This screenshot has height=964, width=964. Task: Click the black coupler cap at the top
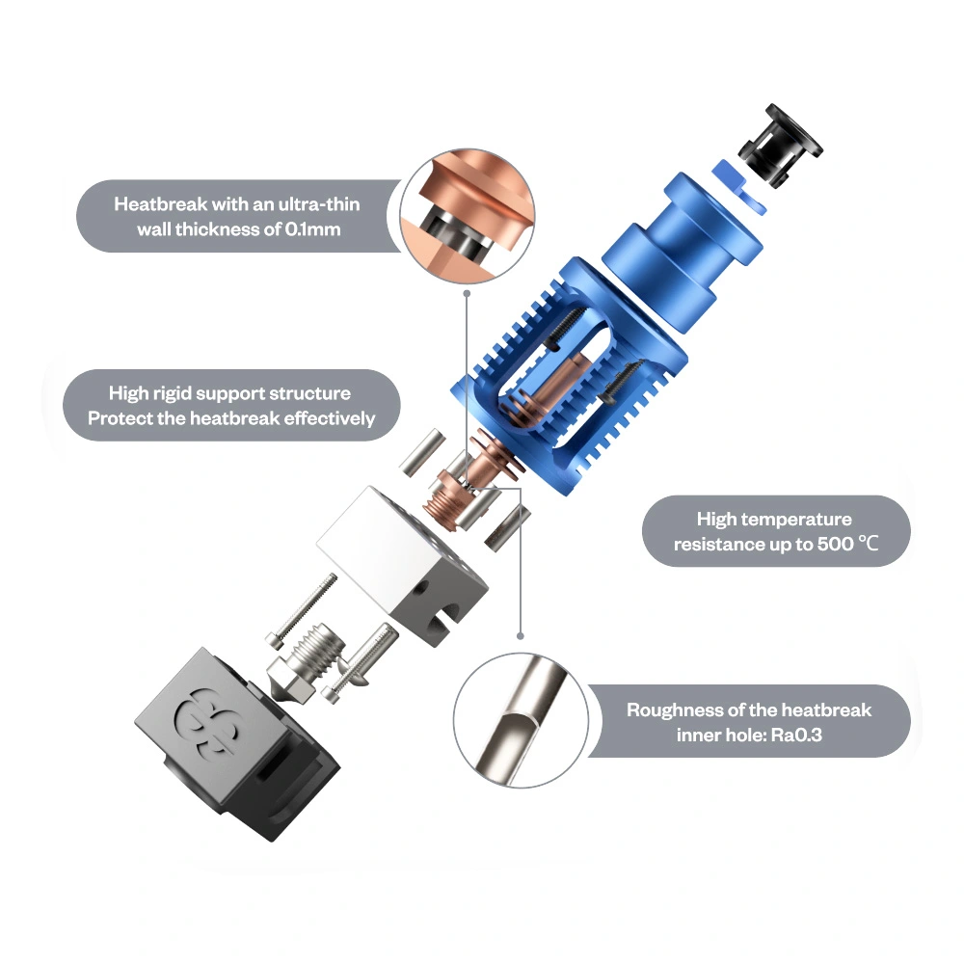point(781,147)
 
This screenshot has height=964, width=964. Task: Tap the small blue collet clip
point(740,186)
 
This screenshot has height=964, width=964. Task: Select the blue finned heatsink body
point(569,375)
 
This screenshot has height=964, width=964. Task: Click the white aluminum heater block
point(403,564)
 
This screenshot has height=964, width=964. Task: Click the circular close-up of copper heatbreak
point(468,215)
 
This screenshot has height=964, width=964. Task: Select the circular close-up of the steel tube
point(521,720)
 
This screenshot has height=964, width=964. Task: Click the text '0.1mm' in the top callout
point(312,229)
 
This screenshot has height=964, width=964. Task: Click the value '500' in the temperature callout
point(835,544)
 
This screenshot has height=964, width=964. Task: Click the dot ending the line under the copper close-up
point(467,294)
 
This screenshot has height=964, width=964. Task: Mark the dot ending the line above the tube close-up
point(521,635)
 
